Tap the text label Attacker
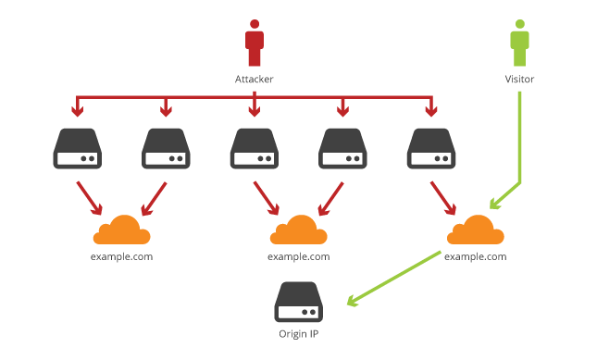(254, 80)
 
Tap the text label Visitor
(520, 80)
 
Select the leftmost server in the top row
(78, 148)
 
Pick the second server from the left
(166, 148)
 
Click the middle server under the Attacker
(254, 148)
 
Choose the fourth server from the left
(342, 148)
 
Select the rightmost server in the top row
(430, 148)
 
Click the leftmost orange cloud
(121, 229)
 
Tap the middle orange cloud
(298, 229)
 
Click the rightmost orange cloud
(475, 229)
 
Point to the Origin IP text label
(298, 334)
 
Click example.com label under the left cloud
(121, 256)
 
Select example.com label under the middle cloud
(298, 256)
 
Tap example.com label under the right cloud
(475, 256)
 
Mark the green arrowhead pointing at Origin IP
(353, 301)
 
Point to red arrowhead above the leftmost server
(78, 112)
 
